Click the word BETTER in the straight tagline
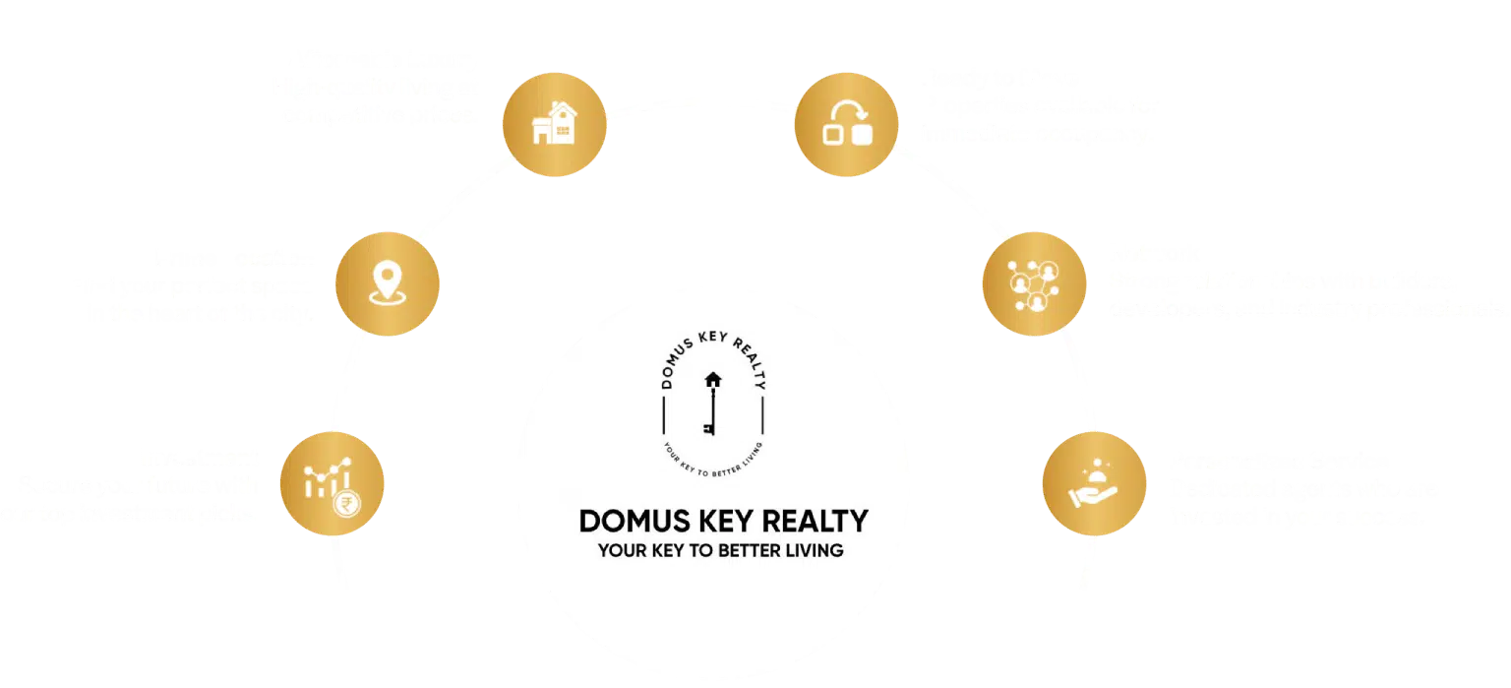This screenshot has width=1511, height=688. point(745,550)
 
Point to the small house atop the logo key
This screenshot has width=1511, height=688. point(712,379)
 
